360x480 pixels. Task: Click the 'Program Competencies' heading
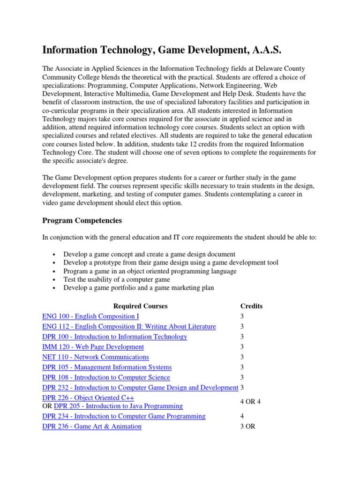tap(82, 220)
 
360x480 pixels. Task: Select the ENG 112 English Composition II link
tap(129, 327)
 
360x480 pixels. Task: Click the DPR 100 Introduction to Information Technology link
tap(114, 337)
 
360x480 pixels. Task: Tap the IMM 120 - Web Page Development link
tap(93, 347)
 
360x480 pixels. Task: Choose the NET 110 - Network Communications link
tap(95, 357)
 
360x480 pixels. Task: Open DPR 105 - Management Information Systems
tap(107, 367)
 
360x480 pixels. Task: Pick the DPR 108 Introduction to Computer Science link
tap(106, 377)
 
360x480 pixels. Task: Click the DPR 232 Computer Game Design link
tap(140, 388)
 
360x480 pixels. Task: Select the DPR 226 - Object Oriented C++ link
tap(88, 398)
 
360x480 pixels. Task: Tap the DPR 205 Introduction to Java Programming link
tap(118, 406)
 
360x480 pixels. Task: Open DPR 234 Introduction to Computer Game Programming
tap(124, 416)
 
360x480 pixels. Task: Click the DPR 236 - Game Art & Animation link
tap(91, 427)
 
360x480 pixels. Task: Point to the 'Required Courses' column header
tap(140, 306)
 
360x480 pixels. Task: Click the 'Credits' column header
tap(251, 306)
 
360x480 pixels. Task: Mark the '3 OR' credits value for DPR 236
tap(247, 427)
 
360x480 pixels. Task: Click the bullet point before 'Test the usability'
tap(56, 280)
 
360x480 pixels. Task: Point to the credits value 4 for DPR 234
tap(242, 416)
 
